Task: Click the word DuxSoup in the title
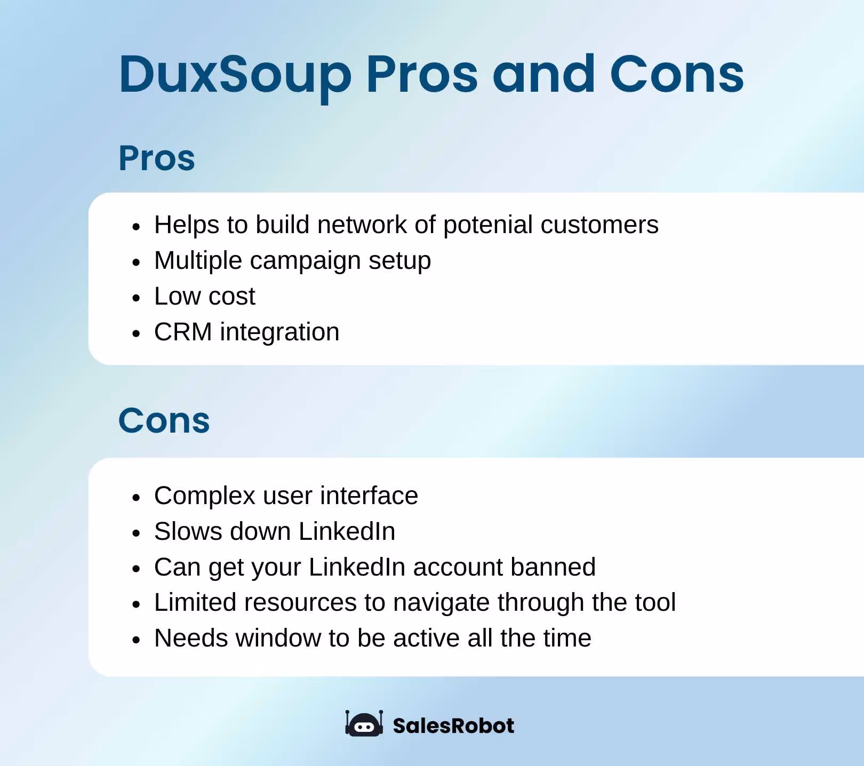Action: pyautogui.click(x=235, y=75)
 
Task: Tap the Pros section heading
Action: pyautogui.click(x=157, y=158)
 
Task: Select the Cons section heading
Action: pyautogui.click(x=164, y=421)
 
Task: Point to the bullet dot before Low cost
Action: pyautogui.click(x=137, y=298)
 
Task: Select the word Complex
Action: pyautogui.click(x=205, y=496)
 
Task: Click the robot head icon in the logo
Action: pyautogui.click(x=364, y=724)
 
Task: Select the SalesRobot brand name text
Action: pyautogui.click(x=453, y=726)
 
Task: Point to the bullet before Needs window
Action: pyautogui.click(x=137, y=640)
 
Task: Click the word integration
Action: pyautogui.click(x=279, y=332)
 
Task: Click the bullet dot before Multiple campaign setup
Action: pyautogui.click(x=137, y=262)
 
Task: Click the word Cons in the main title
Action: pyautogui.click(x=676, y=75)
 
